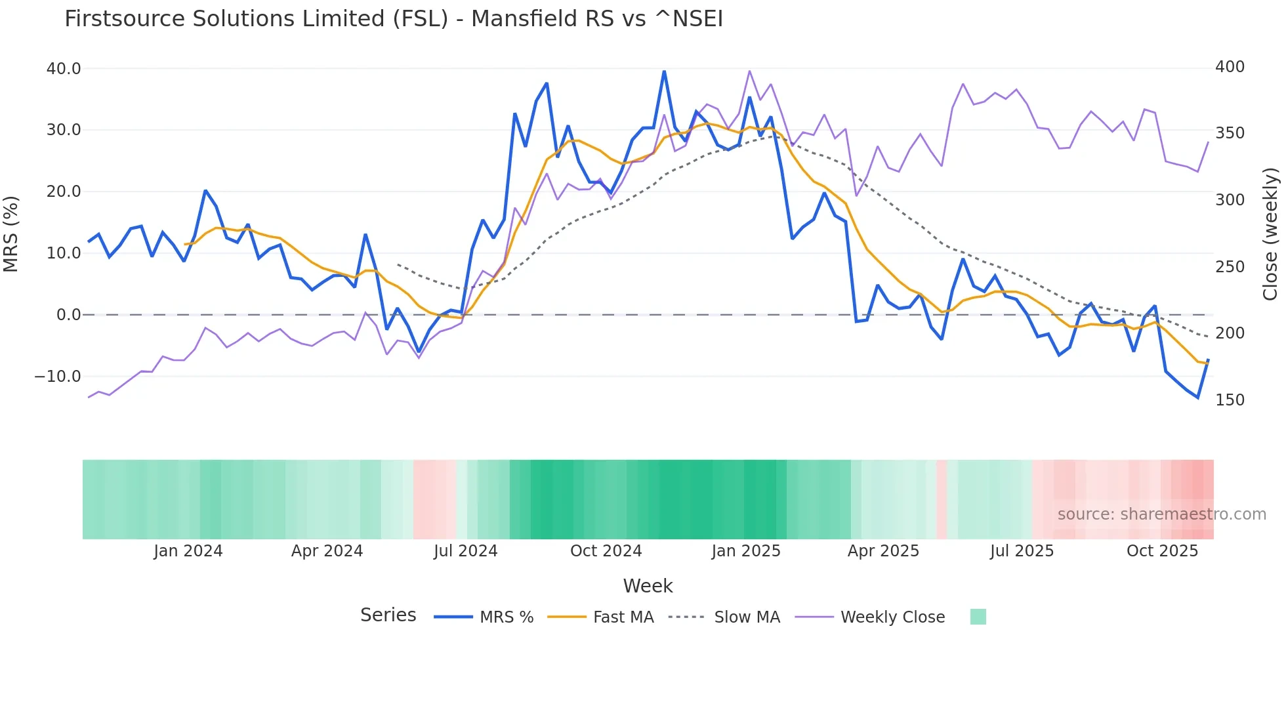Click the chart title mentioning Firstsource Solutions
[394, 18]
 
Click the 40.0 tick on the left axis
[64, 68]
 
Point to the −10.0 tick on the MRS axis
[58, 377]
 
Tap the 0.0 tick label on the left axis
[68, 315]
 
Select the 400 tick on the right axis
[1230, 67]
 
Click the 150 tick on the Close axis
[1230, 400]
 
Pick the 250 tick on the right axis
[1230, 267]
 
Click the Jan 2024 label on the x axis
[188, 551]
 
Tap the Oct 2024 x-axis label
[606, 551]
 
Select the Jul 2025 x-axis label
[1022, 551]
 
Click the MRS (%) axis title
[10, 234]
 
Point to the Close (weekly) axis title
[1270, 234]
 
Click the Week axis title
[648, 586]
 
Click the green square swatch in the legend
[978, 617]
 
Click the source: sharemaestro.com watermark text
[1161, 514]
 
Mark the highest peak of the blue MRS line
[664, 71]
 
